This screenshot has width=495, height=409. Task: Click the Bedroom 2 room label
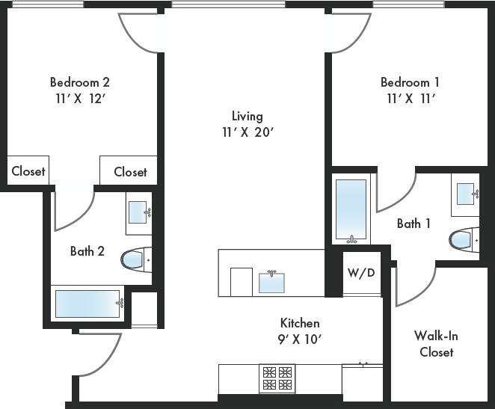pos(80,82)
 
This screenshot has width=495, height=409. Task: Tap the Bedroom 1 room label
pos(410,82)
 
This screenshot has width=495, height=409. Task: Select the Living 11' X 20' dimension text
pos(247,132)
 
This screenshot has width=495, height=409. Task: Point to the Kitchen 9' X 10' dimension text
pos(300,339)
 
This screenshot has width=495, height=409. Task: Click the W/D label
pos(361,273)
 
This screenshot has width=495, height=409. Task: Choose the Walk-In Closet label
pos(436,343)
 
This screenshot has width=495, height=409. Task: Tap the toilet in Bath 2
pos(135,259)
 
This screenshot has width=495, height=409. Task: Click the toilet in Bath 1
pos(464,239)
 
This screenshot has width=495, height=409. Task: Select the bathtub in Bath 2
pos(88,304)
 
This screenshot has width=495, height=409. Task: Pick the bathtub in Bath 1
pos(351,209)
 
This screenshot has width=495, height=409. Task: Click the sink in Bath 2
pos(138,212)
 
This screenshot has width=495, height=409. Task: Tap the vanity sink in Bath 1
pos(465,194)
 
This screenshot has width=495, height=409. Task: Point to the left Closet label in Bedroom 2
pos(28,171)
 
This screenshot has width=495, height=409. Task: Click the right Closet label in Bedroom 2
pos(130,172)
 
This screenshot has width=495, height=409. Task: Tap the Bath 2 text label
pos(87,251)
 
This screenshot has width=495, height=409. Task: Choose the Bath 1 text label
pos(413,224)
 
